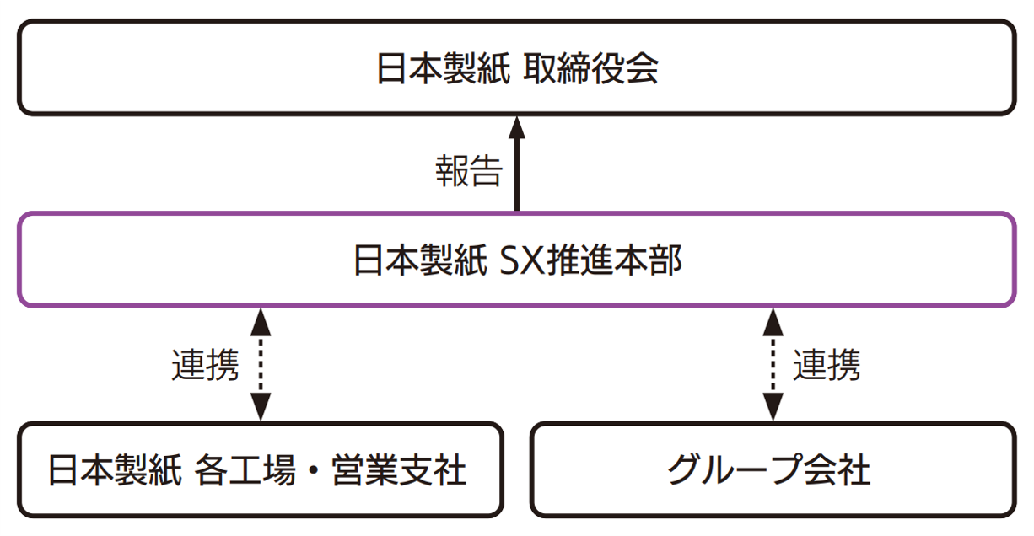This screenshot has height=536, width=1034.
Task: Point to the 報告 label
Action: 469,171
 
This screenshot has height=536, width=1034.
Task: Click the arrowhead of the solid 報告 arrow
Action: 516,128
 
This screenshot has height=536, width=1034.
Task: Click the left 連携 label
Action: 205,365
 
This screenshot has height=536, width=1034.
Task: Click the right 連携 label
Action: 826,365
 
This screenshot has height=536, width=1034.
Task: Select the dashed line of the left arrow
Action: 261,365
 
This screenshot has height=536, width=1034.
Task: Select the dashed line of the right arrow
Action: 773,365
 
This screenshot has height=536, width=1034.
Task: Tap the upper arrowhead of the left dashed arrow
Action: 261,321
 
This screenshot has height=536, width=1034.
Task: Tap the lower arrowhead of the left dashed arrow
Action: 261,408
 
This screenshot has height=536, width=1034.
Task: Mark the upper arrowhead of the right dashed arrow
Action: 773,321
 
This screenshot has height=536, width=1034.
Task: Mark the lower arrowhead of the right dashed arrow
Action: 773,408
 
